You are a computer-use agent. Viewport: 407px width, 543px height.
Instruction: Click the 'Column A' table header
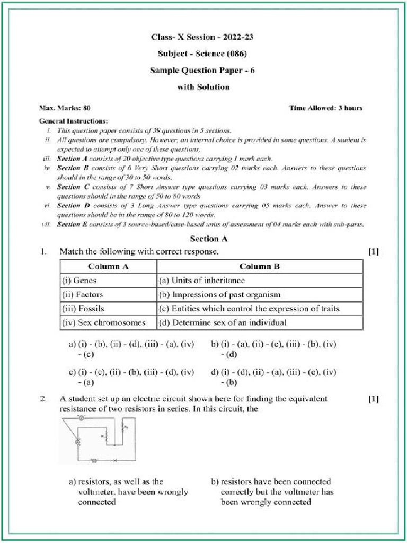pos(108,266)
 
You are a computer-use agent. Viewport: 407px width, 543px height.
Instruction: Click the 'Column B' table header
pos(259,266)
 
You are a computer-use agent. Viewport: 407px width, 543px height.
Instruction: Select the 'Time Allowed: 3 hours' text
pos(325,108)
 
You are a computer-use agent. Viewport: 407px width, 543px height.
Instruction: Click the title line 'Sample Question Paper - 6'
pos(202,71)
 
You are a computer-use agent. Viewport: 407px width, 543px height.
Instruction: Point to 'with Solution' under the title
pos(203,87)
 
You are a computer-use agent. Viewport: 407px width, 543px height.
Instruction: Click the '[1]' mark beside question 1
pos(373,252)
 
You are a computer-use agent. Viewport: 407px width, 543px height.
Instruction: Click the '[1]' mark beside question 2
pos(373,399)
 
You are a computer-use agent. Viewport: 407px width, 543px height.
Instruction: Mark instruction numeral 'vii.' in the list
pos(47,224)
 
